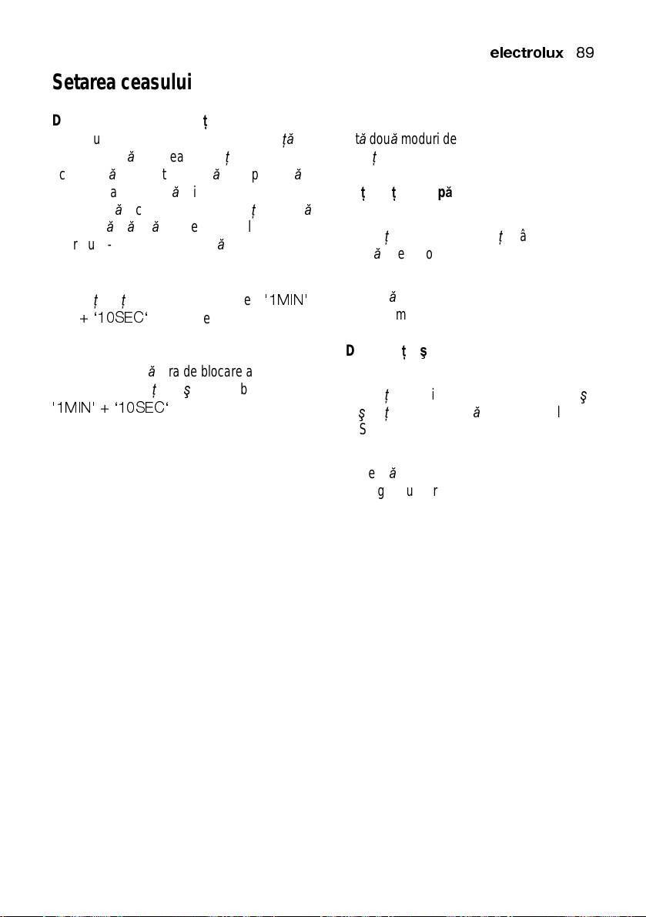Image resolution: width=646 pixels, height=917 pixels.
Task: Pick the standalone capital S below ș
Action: pos(362,429)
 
